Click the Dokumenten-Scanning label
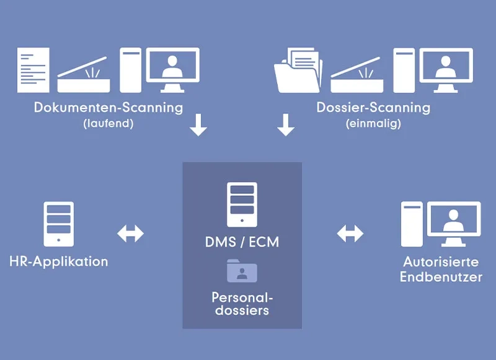(x=108, y=107)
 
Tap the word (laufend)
(x=108, y=123)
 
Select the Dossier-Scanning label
(x=373, y=107)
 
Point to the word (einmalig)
(x=373, y=123)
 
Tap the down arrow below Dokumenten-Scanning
(x=198, y=124)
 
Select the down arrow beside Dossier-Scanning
(x=286, y=124)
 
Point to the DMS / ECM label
(x=242, y=242)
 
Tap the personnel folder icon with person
(x=242, y=271)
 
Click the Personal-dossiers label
(x=242, y=302)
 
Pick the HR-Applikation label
(x=59, y=261)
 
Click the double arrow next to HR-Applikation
(x=130, y=234)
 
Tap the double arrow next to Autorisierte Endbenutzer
(x=350, y=234)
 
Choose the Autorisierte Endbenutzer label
(x=441, y=269)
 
